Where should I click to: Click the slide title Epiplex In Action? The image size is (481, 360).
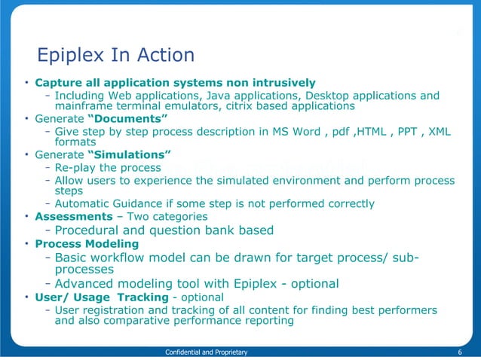click(x=116, y=55)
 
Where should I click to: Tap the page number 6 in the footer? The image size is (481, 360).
click(x=459, y=352)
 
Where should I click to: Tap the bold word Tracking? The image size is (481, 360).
click(x=143, y=297)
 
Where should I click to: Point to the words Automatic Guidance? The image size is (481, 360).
click(x=109, y=203)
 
